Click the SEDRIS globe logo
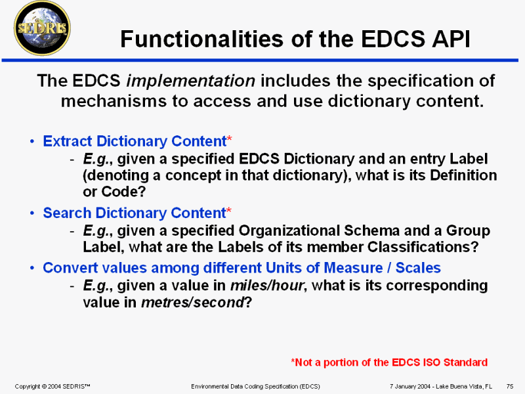[x=42, y=28]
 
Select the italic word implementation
[x=191, y=81]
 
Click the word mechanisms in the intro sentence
[x=114, y=101]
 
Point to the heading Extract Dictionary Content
[x=135, y=141]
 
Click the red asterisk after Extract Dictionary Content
[x=229, y=139]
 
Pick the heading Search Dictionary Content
[x=135, y=213]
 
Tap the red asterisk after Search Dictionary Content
[x=228, y=211]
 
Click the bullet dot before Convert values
[x=31, y=268]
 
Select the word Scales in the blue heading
[x=418, y=268]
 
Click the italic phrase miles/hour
[x=267, y=286]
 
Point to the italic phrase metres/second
[x=192, y=303]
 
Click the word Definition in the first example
[x=463, y=175]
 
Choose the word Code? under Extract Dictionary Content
[x=123, y=192]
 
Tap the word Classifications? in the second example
[x=423, y=248]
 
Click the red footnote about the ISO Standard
[x=389, y=362]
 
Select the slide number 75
[x=510, y=386]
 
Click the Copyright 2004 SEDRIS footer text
[x=52, y=386]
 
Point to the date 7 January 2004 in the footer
[x=409, y=386]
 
